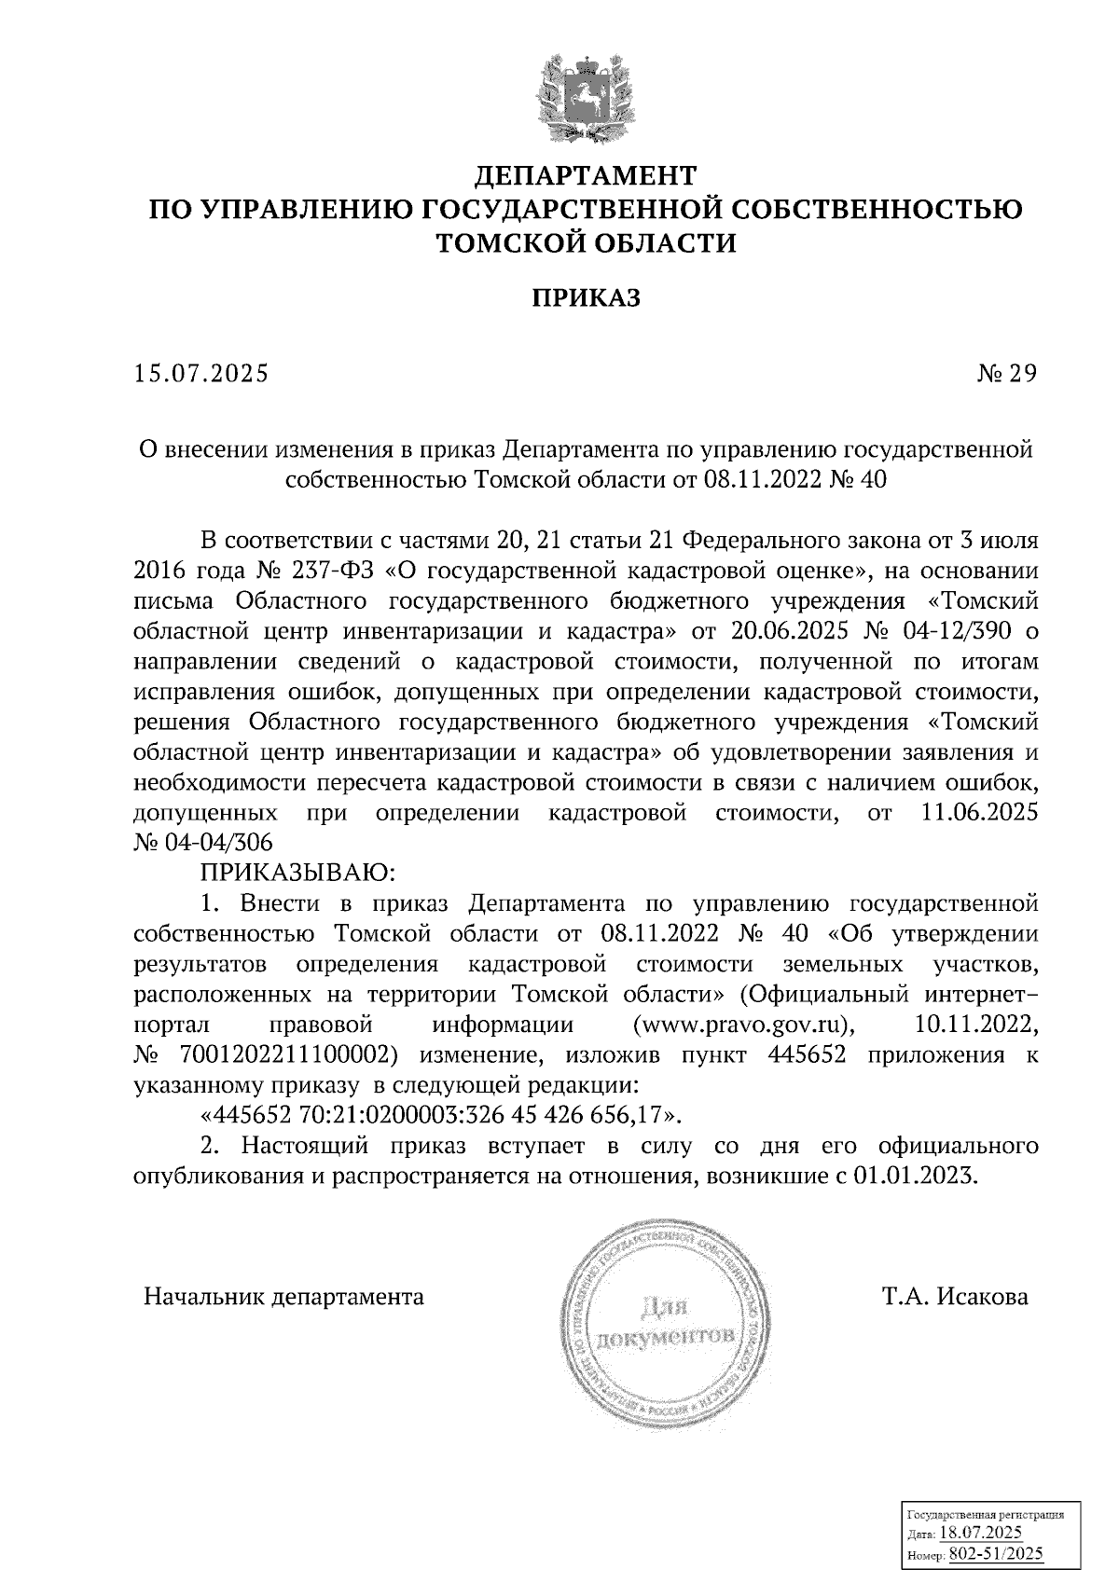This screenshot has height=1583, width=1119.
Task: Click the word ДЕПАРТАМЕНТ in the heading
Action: (x=586, y=175)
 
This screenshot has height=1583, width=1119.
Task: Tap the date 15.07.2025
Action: (x=200, y=374)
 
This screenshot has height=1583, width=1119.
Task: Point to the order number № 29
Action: (x=1006, y=374)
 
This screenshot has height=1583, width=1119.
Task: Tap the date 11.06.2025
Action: (x=978, y=813)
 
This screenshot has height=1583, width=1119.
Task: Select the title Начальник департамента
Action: (x=283, y=1297)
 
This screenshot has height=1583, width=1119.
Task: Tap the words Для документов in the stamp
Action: (x=668, y=1323)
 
